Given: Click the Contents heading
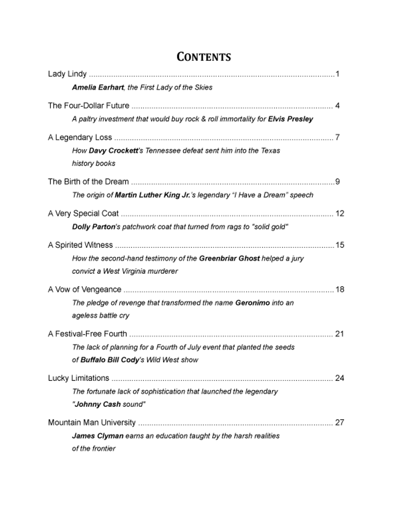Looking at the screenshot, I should [x=203, y=57].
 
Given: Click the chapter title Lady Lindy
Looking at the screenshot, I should [x=67, y=74].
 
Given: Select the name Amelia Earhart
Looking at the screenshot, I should [x=98, y=87].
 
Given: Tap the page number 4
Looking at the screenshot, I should [x=337, y=105].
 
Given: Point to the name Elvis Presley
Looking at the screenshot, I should [x=290, y=119].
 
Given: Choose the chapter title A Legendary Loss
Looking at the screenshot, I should [x=80, y=137].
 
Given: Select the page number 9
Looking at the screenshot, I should [x=337, y=182].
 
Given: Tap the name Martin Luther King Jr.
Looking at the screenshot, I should [x=152, y=195].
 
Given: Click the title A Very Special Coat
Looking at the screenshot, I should [x=83, y=213].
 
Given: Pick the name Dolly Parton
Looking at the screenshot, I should [x=93, y=227].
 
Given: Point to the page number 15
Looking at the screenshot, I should [x=340, y=245].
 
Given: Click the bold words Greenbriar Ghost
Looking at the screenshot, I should [x=229, y=258].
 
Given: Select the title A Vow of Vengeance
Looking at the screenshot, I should [x=84, y=289].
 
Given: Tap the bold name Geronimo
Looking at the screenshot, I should [x=252, y=302].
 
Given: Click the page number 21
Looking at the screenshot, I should [x=339, y=333].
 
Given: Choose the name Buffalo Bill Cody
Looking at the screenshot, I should [x=110, y=360].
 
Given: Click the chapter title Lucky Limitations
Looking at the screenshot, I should [x=78, y=378].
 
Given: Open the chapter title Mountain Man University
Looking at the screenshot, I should [x=92, y=422].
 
